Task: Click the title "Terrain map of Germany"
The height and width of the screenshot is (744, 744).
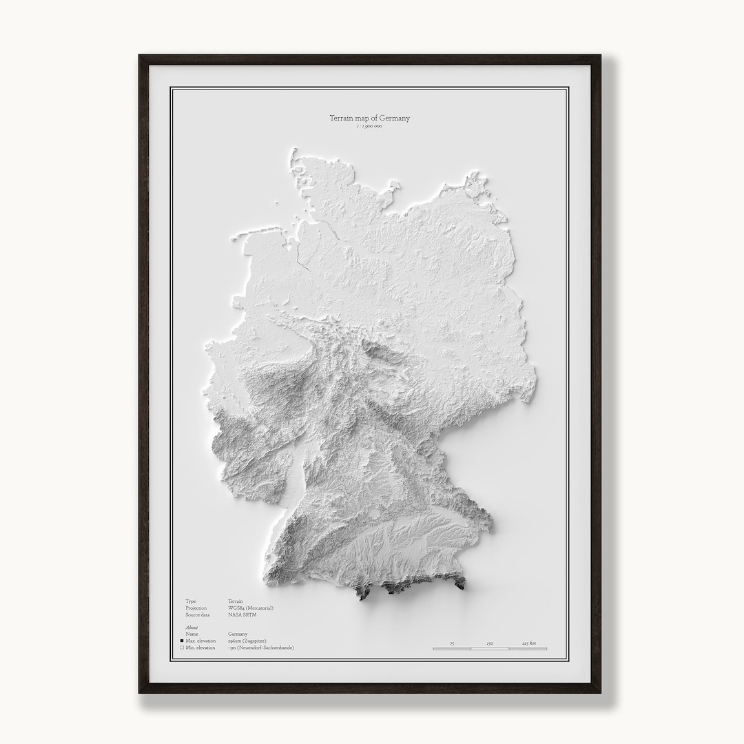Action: pos(369,118)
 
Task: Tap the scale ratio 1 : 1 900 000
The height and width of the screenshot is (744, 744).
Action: pos(369,127)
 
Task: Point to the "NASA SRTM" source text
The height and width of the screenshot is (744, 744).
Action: pos(242,614)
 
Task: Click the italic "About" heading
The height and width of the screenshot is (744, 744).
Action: pos(192,628)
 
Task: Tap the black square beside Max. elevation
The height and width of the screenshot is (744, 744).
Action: pos(181,641)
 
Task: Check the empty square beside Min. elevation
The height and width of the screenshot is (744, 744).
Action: pos(181,648)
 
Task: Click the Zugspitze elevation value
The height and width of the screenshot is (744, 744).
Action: pos(247,641)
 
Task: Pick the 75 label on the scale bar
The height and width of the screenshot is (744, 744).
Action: pos(452,643)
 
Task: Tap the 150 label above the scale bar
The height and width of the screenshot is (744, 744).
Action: pos(490,643)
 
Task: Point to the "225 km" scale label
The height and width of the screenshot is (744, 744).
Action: pos(529,643)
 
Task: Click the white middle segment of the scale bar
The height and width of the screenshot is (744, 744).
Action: pos(490,649)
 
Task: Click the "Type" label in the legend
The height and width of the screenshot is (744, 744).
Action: pos(190,601)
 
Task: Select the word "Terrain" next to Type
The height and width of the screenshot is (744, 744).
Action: pos(236,601)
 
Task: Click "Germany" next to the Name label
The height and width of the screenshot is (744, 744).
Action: pos(238,634)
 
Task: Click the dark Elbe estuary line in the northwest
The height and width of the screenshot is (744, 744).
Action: pos(300,259)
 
